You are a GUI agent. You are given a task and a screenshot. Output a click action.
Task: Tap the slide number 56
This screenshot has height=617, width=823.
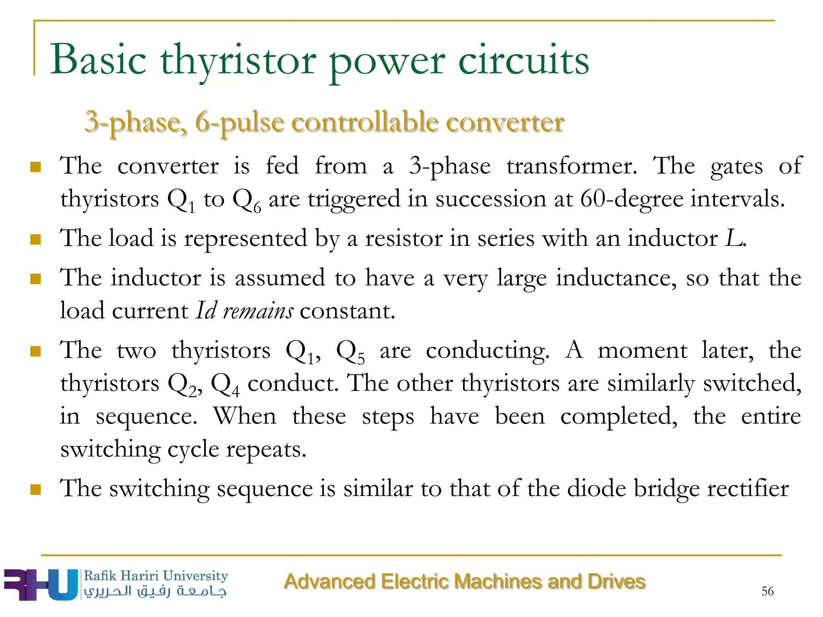coord(767,591)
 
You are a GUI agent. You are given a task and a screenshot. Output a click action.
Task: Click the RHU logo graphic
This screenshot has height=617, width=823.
coord(40,584)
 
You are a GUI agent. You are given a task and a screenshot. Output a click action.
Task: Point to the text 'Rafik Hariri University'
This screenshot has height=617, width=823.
coord(156,576)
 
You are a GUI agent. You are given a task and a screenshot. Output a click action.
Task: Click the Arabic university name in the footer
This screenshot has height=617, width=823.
coord(155,591)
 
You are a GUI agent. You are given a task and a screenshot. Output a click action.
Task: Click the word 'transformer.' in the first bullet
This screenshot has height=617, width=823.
coord(571,166)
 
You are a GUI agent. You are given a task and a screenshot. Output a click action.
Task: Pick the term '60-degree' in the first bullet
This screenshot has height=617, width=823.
coord(631,199)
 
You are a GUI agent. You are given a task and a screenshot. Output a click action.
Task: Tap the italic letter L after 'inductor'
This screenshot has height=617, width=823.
coord(734,238)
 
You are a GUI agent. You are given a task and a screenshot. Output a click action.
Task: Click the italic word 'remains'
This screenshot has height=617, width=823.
coord(258,311)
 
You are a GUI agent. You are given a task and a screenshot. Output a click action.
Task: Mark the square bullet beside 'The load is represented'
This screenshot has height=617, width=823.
coord(36,239)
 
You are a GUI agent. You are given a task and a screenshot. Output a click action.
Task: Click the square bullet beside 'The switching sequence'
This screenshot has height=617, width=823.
coord(36,490)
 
